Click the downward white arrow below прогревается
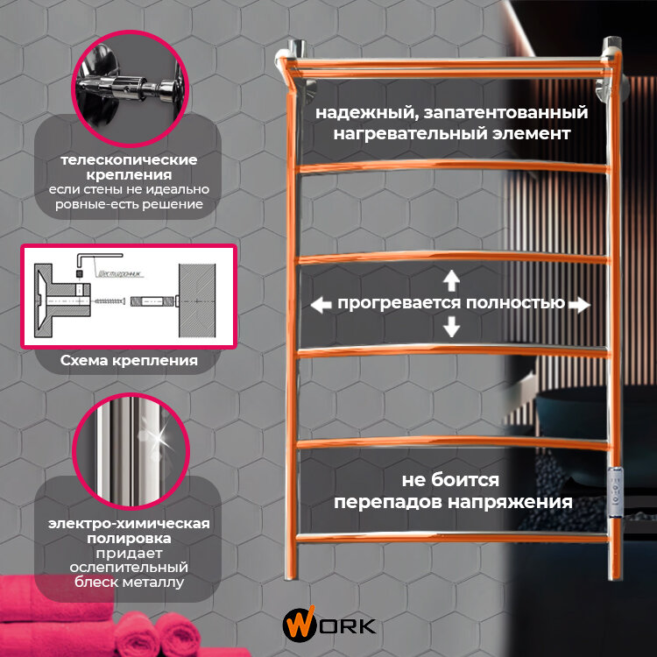tap(451, 327)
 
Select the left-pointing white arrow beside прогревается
tap(321, 304)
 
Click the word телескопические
tap(129, 160)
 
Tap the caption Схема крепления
tap(129, 360)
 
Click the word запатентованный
tap(523, 113)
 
